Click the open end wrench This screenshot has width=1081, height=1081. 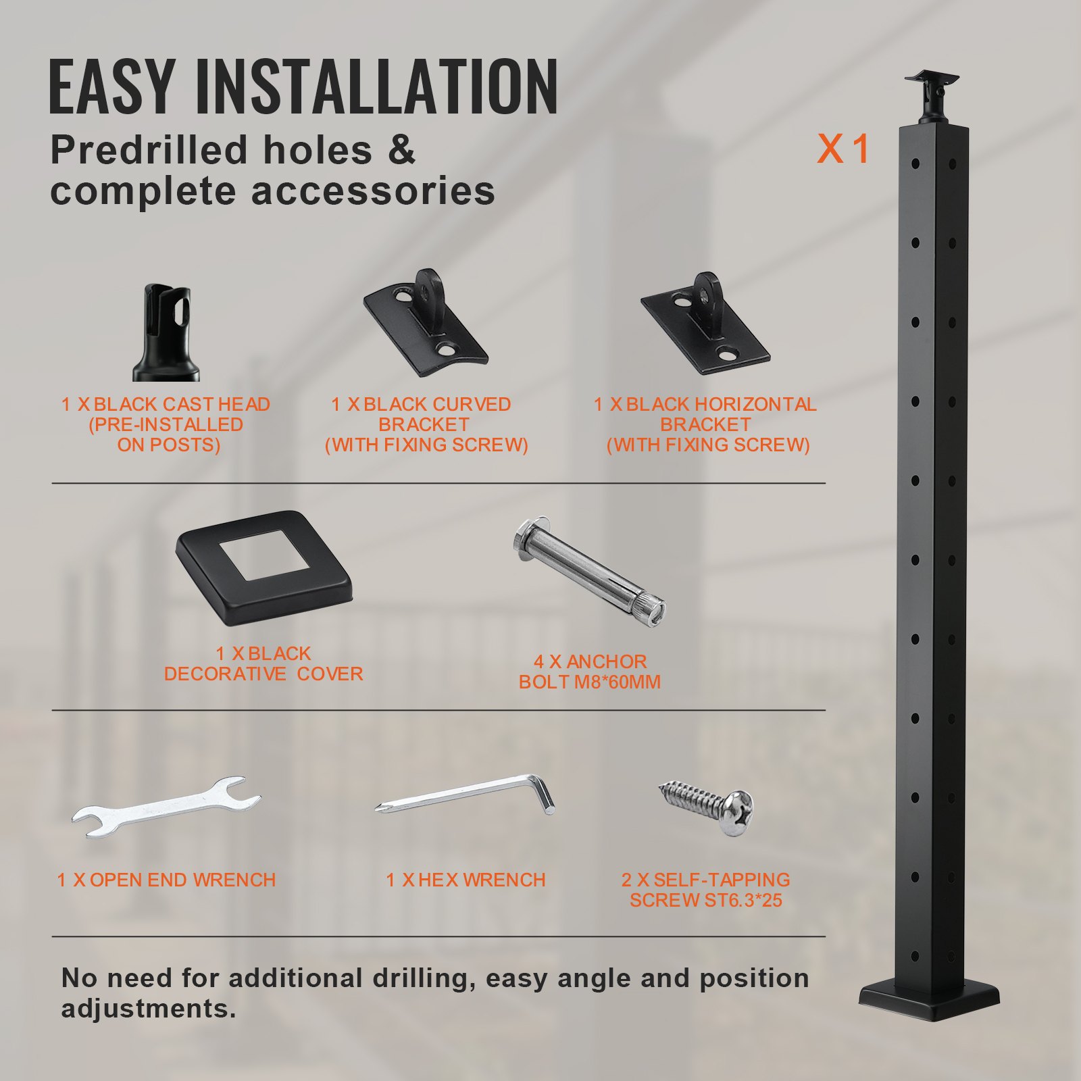166,807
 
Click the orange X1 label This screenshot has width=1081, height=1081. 843,149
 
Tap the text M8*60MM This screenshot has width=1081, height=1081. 617,682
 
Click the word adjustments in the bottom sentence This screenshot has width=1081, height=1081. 149,1009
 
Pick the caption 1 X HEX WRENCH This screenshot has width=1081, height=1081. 466,880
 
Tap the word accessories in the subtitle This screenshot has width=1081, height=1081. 373,191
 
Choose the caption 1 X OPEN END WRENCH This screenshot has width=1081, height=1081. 166,880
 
